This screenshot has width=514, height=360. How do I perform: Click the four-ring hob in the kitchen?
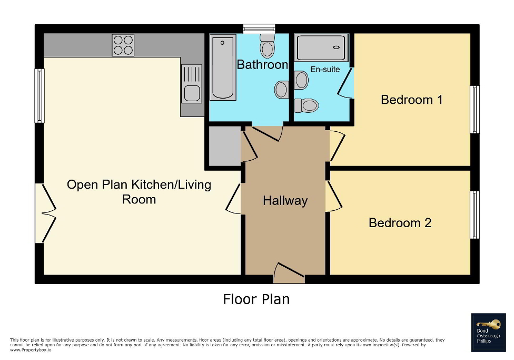(x=123, y=45)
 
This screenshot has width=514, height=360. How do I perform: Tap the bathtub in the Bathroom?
(x=223, y=67)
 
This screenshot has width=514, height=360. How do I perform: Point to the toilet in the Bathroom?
(x=268, y=46)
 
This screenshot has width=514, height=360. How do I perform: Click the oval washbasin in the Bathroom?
(x=281, y=89)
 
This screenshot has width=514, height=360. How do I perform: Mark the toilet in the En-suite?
(x=307, y=105)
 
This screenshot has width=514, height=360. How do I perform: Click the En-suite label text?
(x=325, y=70)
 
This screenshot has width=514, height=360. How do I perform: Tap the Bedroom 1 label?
(x=411, y=99)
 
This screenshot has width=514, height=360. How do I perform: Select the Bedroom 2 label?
(x=400, y=222)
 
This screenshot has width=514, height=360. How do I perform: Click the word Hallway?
(x=285, y=201)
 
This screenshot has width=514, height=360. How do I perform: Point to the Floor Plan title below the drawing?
(x=256, y=299)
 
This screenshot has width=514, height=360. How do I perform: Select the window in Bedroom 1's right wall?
(x=475, y=110)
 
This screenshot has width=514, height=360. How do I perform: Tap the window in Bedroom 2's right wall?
(x=475, y=215)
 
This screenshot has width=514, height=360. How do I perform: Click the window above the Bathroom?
(x=260, y=28)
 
